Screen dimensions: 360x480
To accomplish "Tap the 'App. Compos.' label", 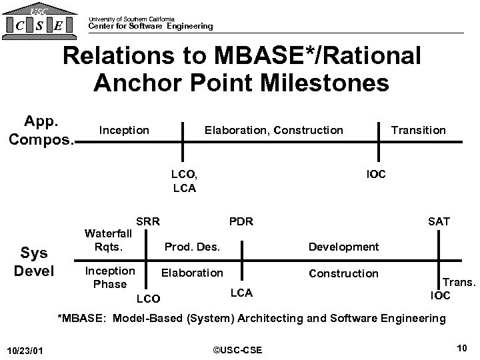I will (41, 130).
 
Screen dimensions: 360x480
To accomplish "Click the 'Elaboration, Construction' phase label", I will (273, 130).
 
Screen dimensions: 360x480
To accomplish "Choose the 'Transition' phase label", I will (418, 130).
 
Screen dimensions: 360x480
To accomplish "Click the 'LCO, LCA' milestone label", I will (183, 181).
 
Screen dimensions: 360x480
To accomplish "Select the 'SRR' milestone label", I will (147, 221).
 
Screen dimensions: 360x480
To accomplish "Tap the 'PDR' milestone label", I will (241, 221).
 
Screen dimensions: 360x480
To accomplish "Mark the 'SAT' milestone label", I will (439, 221).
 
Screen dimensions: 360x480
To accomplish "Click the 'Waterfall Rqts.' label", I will (108, 240).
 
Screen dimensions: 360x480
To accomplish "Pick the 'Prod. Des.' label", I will (192, 247).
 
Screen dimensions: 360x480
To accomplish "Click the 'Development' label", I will (343, 247).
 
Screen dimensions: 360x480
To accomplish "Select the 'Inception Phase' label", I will (109, 277).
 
